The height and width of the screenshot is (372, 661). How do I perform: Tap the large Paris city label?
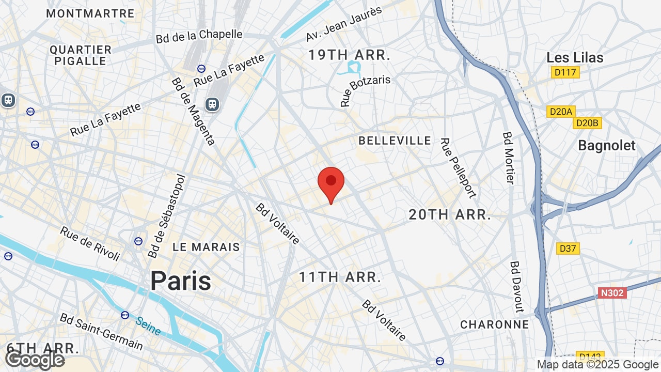pos(181,281)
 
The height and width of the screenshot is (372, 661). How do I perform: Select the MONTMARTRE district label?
pos(90,14)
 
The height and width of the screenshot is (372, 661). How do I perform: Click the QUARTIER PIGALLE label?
pos(81,55)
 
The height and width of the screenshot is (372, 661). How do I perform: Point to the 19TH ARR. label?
pos(349,55)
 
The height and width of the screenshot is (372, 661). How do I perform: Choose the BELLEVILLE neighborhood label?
pos(395,141)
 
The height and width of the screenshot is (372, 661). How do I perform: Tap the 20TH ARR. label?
pos(450,215)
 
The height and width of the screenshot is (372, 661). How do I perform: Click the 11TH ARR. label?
pos(340,277)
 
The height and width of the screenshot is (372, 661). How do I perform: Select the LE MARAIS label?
pos(206,247)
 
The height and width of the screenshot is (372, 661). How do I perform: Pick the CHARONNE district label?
pos(495,324)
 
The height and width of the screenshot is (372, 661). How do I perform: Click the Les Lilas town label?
pos(575,57)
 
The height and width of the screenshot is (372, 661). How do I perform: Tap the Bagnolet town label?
pos(607,146)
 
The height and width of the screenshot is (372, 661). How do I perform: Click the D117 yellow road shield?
pos(565,72)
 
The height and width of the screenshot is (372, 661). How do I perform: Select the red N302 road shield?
pos(612,293)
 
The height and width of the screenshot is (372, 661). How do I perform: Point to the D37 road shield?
pos(568,249)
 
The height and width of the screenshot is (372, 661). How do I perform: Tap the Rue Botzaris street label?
pos(365,91)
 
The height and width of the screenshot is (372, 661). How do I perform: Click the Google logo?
pos(35,360)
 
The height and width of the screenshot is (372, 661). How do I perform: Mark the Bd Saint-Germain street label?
pos(101,331)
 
